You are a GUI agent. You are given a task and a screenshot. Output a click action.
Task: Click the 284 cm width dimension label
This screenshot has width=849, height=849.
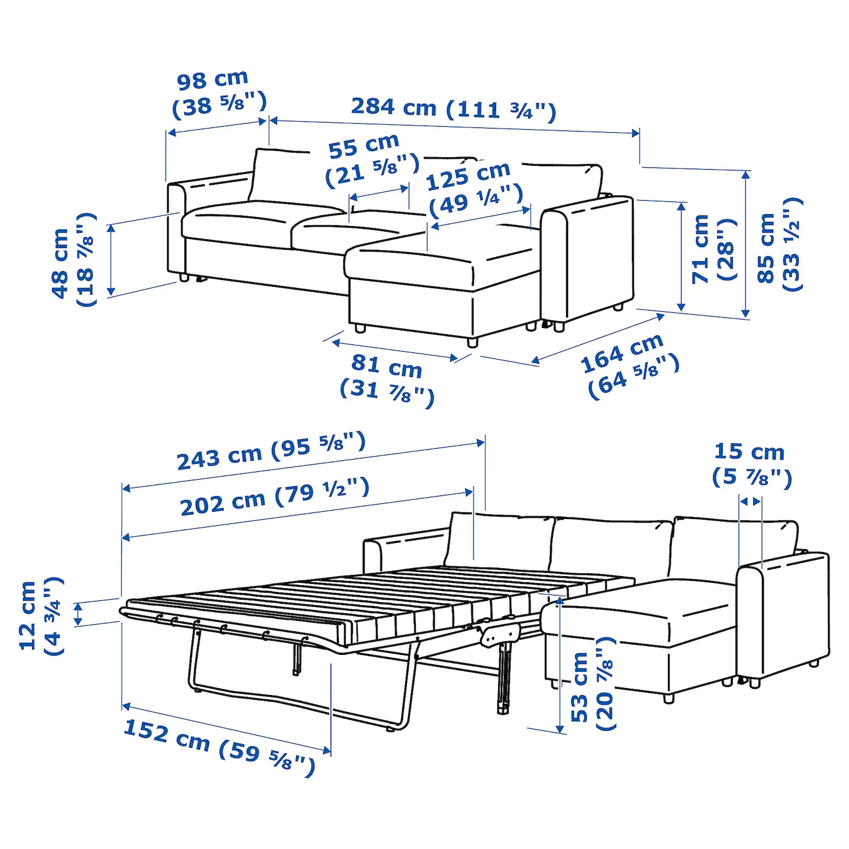click(453, 109)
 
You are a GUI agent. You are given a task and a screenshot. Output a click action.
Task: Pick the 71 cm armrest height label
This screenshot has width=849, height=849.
click(713, 249)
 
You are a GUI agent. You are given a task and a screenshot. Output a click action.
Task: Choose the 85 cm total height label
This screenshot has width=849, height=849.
click(779, 246)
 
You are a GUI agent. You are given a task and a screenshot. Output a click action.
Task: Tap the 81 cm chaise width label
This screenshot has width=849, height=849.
click(387, 378)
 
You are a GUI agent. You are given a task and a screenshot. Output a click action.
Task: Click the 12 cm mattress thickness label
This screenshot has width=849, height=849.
click(40, 615)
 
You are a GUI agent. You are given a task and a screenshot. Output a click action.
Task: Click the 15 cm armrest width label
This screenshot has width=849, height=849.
click(751, 464)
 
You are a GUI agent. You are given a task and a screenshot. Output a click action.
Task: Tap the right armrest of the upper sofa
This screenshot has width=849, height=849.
click(585, 261)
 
